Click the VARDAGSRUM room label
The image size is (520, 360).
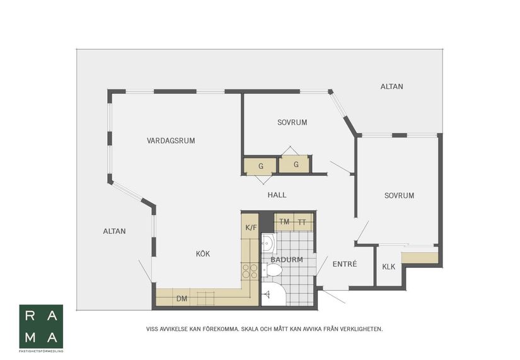click(171, 141)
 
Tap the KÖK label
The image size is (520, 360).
click(202, 254)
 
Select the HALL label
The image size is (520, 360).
click(277, 195)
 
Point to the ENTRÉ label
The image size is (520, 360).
click(345, 264)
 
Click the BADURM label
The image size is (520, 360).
click(287, 260)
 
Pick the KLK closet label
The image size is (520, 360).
click(388, 267)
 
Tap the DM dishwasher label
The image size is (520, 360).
click(182, 299)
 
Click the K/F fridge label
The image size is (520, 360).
click(251, 228)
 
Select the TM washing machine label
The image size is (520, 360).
click(284, 222)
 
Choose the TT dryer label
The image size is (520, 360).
click(301, 223)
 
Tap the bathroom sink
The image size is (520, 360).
click(269, 243)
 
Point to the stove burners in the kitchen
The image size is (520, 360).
click(250, 270)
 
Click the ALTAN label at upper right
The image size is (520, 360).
click(391, 86)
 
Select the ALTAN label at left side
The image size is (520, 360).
click(115, 231)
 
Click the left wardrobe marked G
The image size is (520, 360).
click(260, 166)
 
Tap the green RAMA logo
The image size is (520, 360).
click(41, 326)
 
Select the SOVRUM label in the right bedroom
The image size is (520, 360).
click(399, 195)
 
